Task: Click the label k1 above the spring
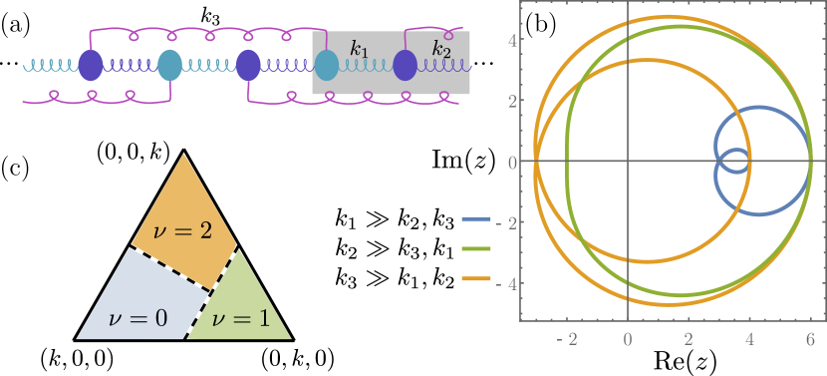(x=359, y=48)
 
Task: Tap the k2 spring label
(x=440, y=48)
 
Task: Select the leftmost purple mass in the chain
(x=91, y=66)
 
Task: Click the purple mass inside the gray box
(x=405, y=66)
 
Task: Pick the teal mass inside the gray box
(x=326, y=66)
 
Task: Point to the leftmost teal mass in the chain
(x=170, y=66)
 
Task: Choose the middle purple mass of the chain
(x=248, y=66)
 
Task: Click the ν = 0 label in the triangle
(x=138, y=319)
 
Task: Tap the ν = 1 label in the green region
(x=241, y=319)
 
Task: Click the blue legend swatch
(x=476, y=217)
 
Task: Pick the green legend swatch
(x=476, y=248)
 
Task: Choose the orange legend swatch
(x=476, y=278)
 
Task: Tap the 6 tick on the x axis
(x=809, y=339)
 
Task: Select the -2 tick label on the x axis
(x=566, y=339)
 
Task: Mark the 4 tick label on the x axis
(x=748, y=339)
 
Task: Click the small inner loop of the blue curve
(x=736, y=162)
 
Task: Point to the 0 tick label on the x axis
(x=628, y=339)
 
